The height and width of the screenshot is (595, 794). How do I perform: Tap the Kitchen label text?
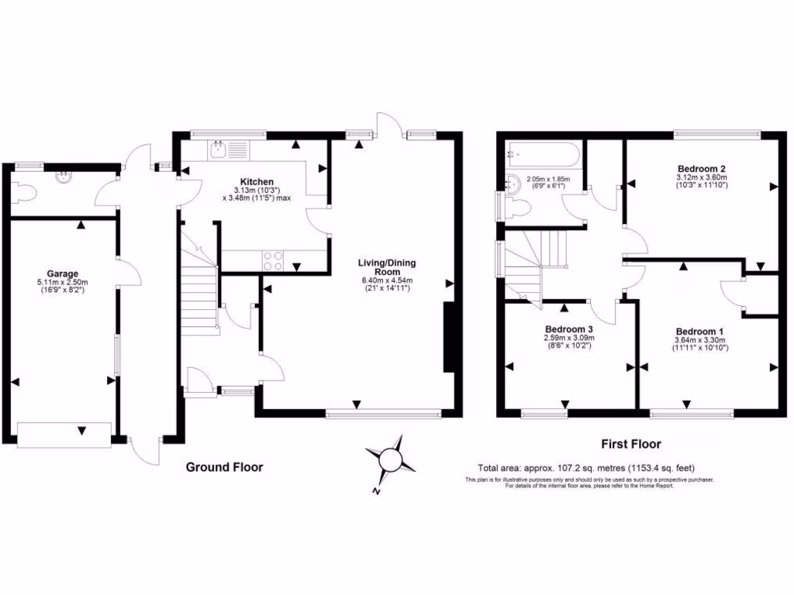[x=256, y=182]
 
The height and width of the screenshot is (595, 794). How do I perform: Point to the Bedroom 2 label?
[x=701, y=168]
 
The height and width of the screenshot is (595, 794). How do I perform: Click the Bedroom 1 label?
[x=696, y=328]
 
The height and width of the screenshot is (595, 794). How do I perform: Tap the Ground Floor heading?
[x=224, y=467]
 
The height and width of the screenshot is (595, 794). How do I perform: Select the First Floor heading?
[x=631, y=444]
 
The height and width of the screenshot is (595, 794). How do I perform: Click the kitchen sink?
[x=219, y=149]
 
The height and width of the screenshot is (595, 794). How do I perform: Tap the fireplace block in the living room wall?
[x=448, y=339]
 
